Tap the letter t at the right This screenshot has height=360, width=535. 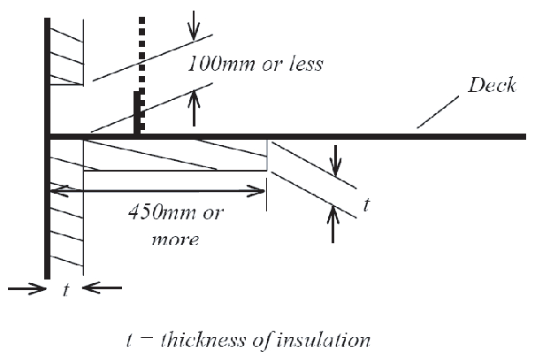(366, 206)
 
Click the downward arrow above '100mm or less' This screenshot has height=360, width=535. (195, 28)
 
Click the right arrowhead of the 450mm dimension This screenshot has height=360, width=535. (258, 188)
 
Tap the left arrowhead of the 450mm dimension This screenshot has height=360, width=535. (57, 188)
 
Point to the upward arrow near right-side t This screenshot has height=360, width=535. (333, 225)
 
